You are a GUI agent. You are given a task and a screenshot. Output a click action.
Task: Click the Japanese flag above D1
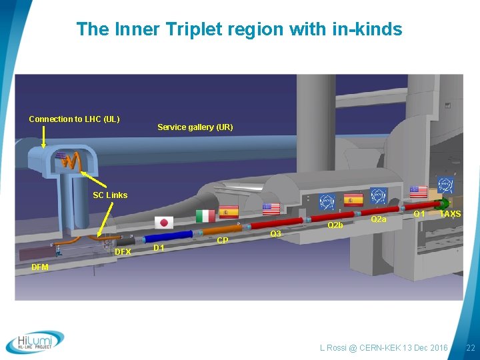163,223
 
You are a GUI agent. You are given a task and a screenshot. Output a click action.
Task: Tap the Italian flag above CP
205,216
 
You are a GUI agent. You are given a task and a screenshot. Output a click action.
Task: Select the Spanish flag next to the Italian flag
229,213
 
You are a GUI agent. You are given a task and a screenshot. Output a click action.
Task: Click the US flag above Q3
271,208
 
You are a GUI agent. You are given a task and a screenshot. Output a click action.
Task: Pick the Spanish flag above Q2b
352,199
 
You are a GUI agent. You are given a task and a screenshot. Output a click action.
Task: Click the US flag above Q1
418,192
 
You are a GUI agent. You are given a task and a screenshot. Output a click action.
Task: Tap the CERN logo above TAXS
445,185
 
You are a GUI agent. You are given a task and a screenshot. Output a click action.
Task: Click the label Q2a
378,219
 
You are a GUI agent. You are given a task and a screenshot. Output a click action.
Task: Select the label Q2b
335,225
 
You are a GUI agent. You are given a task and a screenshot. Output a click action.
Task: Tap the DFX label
123,252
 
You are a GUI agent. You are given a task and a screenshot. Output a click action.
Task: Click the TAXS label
450,214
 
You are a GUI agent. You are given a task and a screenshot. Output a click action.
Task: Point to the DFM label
40,267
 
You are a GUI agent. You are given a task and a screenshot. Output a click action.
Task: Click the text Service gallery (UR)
195,127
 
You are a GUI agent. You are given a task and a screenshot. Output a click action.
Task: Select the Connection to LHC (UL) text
74,119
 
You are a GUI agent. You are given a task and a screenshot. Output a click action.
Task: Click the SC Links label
110,195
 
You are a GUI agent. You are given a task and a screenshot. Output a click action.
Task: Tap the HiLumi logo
35,341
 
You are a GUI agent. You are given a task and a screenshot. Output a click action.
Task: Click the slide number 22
470,348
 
